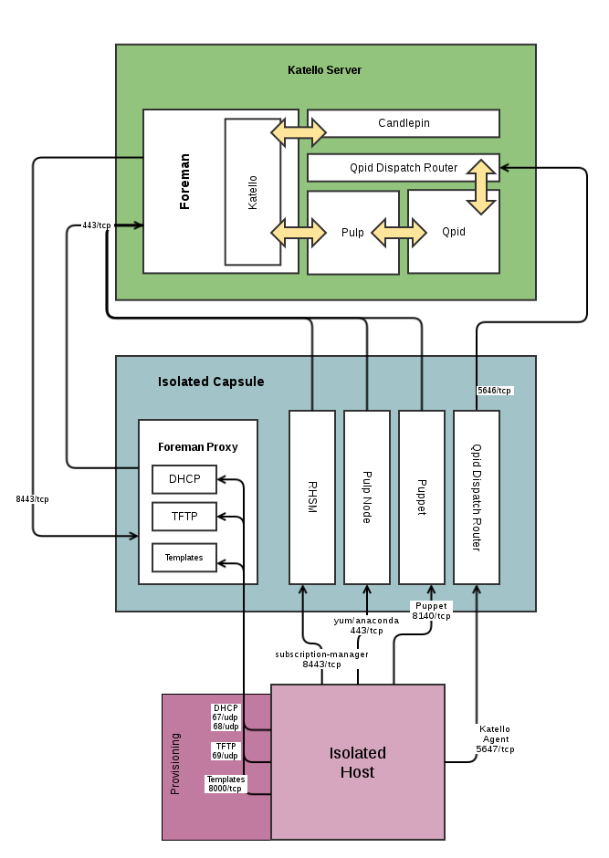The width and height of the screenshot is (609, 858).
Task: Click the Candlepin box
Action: coord(404,123)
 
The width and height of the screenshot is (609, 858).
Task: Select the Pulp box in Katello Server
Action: coord(352,233)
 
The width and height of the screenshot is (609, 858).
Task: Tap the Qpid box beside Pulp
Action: coord(453,232)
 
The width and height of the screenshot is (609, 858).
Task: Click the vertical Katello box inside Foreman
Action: coord(252,192)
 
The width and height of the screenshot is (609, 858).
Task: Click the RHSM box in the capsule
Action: coord(312,497)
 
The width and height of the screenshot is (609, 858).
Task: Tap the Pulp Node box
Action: coord(367,497)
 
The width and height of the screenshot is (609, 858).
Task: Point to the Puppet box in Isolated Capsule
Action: coord(422,497)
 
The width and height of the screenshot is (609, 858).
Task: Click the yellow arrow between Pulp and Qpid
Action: coord(399,232)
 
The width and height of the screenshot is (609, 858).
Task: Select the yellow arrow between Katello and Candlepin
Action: coord(298,134)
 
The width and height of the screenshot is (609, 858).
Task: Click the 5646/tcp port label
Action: coord(494,391)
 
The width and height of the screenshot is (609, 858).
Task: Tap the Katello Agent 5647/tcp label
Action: coord(495,738)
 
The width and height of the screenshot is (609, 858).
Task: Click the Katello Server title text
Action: coord(325,69)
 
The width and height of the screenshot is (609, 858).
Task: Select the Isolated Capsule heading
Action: coord(211,382)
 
